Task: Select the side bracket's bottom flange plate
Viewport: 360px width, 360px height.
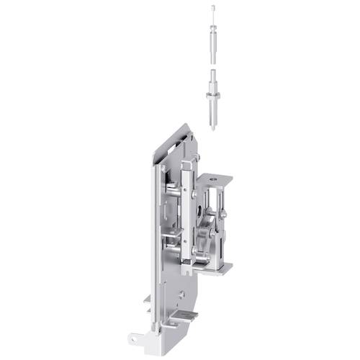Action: (217, 269)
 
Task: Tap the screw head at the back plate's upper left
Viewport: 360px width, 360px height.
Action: (164, 168)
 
